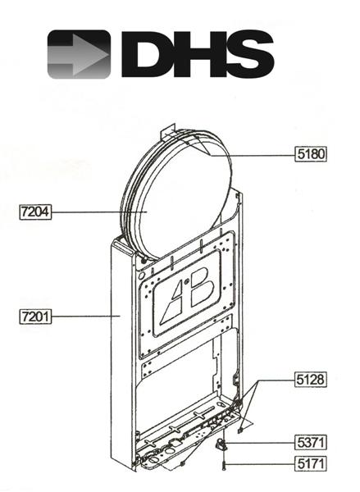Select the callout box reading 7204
(35, 212)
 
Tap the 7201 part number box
(35, 315)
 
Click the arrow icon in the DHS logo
(78, 54)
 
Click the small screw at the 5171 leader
(222, 467)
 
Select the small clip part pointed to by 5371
(221, 444)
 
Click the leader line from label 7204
(98, 212)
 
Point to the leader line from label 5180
(262, 153)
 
